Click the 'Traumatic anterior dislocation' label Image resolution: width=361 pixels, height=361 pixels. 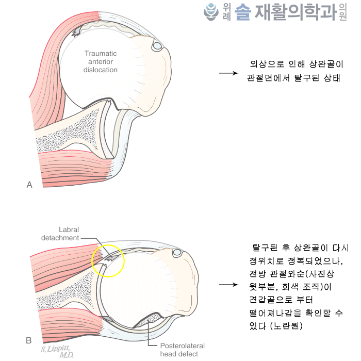pyautogui.click(x=101, y=61)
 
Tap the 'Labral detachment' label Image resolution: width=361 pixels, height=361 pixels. pyautogui.click(x=61, y=234)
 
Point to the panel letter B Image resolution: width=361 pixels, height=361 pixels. pyautogui.click(x=29, y=340)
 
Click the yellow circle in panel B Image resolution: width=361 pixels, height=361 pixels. pyautogui.click(x=108, y=260)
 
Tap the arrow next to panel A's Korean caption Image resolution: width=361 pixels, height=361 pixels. pyautogui.click(x=228, y=73)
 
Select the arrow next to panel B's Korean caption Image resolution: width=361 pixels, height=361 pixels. pyautogui.click(x=228, y=285)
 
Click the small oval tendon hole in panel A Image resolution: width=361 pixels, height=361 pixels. pyautogui.click(x=156, y=47)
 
